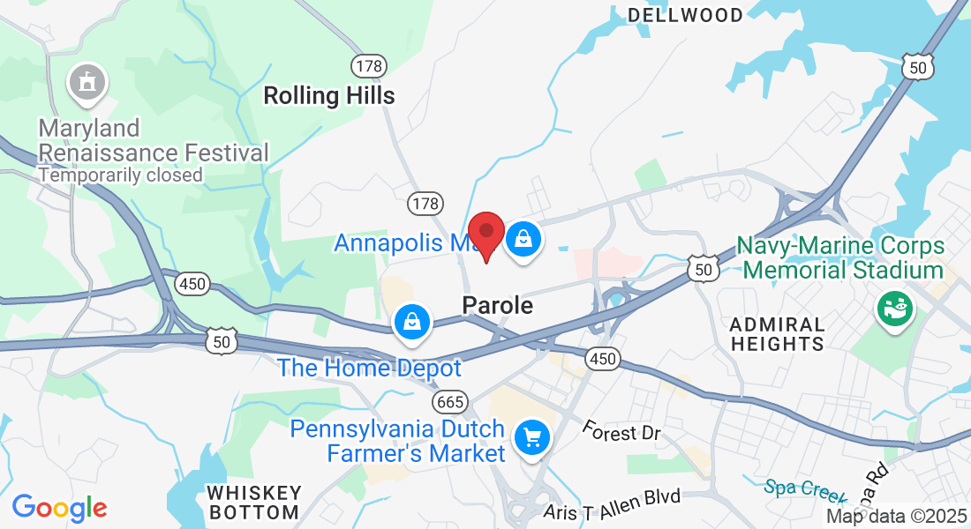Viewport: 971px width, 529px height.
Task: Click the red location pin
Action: tap(485, 235)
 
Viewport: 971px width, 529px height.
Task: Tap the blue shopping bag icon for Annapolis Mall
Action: tap(523, 239)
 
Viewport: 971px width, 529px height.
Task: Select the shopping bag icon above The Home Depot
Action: tap(412, 322)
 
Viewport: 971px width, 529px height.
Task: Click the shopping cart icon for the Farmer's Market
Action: tap(531, 437)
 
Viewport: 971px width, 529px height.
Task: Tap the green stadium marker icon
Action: tap(893, 309)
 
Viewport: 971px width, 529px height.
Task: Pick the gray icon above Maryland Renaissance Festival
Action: tap(87, 83)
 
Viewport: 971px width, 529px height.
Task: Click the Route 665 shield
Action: tap(449, 402)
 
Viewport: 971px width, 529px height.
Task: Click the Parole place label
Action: tap(498, 306)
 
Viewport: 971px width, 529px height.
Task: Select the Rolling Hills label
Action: tap(329, 95)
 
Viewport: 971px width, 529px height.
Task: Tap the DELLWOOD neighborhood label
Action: tap(685, 15)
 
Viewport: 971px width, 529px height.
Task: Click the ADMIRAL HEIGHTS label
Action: tap(778, 334)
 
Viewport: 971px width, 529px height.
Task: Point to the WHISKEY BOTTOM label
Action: tap(254, 502)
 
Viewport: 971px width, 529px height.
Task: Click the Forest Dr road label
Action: tap(621, 432)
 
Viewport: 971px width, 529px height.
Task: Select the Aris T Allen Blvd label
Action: tap(613, 499)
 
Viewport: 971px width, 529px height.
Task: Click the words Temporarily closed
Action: tap(120, 175)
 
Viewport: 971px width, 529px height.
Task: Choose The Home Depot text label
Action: tap(369, 368)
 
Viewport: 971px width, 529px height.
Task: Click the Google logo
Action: tap(59, 508)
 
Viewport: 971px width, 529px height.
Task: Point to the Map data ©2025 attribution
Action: tap(897, 517)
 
